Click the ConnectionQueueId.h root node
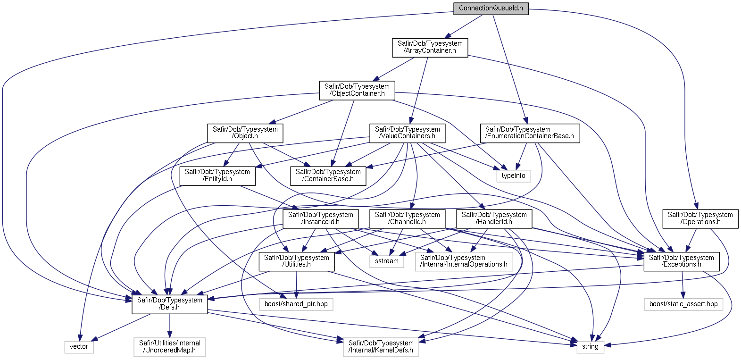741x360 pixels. [491, 8]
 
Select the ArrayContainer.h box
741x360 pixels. [430, 47]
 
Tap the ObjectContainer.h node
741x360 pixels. [357, 90]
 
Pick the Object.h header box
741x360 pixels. [245, 133]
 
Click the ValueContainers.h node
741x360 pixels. [407, 133]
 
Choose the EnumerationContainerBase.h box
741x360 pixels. [530, 133]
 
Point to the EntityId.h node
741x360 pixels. [217, 176]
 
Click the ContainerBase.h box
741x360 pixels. [328, 176]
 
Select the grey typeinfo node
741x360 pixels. [513, 176]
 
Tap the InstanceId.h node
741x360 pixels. [321, 218]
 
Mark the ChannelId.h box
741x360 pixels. [407, 218]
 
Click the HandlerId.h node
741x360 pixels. [494, 218]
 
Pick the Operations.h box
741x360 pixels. [700, 218]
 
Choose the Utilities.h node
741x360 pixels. [297, 261]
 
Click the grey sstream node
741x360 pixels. [387, 261]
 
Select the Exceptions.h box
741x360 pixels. [682, 261]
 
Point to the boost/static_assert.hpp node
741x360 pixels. [683, 304]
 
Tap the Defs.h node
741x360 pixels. [170, 304]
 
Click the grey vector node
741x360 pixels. [79, 347]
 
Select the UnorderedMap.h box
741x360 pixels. [170, 347]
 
